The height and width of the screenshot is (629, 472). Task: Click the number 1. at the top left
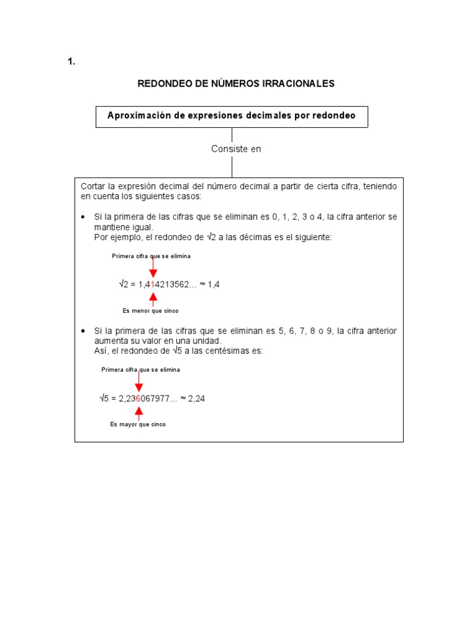(x=71, y=61)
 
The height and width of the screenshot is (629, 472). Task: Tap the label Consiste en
(x=236, y=149)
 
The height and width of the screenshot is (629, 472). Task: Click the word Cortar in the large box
(x=93, y=186)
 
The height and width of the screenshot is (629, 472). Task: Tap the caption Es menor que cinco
(x=151, y=311)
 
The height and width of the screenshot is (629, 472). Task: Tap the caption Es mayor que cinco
(x=138, y=424)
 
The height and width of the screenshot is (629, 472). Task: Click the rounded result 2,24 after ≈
(x=196, y=399)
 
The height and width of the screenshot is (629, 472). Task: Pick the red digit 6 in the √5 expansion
(x=138, y=399)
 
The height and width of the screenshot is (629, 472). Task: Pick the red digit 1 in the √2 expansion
(x=153, y=284)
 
